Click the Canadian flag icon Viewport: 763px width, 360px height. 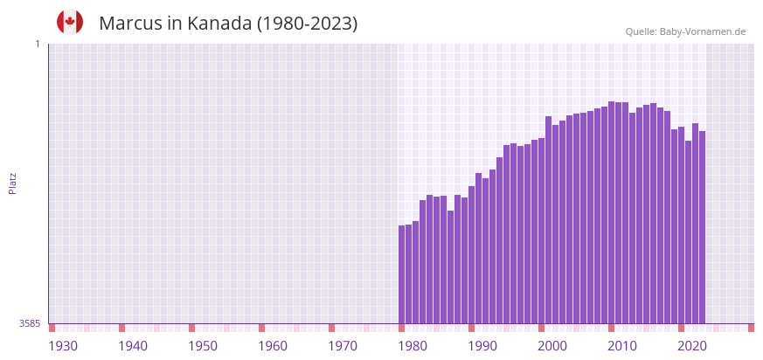70,22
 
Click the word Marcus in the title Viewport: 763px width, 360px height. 132,24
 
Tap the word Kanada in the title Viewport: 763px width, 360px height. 219,24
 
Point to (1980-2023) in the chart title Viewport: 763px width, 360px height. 307,24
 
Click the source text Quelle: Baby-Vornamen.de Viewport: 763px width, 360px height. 685,31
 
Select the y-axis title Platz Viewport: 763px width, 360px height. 13,183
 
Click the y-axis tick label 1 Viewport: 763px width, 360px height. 37,44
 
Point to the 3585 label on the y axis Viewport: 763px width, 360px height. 30,323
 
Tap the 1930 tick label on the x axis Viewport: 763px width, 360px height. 63,346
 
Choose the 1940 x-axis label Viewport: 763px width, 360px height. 133,346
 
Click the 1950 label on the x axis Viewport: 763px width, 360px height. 203,346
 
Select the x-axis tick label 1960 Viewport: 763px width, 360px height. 273,346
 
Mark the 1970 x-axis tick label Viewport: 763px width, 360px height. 343,346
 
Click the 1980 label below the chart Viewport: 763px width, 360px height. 413,346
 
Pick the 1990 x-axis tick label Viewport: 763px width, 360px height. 482,346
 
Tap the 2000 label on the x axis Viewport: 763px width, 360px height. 552,346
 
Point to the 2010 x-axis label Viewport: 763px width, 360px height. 622,346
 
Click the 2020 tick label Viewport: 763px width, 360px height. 692,346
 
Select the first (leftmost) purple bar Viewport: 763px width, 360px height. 402,274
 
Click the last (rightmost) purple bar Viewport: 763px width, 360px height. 702,227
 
